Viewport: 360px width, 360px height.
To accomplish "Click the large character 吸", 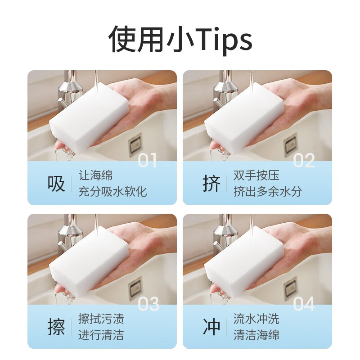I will coord(56,184).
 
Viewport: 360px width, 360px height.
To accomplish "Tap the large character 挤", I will coord(211,184).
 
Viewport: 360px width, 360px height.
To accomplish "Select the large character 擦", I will coord(56,327).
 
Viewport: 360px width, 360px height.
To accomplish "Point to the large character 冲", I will coord(211,327).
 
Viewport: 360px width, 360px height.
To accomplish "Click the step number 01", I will coord(148,161).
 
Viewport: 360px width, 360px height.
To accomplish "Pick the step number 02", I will coord(304,161).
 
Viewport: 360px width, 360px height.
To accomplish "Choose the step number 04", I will coord(304,304).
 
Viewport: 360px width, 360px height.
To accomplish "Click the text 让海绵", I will coord(95,175).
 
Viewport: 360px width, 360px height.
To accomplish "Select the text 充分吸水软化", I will coord(112,192).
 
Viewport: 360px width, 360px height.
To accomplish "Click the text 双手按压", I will coord(256,175).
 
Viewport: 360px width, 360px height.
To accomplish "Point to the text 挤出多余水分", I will coord(268,192).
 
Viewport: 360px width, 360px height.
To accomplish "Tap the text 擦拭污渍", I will coord(101,319).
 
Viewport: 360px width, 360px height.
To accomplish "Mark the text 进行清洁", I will coord(101,335).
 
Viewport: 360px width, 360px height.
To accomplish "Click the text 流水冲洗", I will coord(256,319).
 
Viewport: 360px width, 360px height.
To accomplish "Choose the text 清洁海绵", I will coord(256,335).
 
